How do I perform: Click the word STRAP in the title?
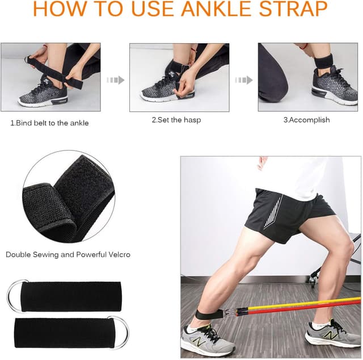coord(299,9)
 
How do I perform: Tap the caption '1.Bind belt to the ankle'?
coord(49,123)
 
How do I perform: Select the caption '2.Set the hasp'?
coord(176,120)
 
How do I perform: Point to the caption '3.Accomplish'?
coord(306,120)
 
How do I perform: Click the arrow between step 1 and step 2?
coord(115,80)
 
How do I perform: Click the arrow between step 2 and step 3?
coord(243,80)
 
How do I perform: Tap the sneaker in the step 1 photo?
coord(43,95)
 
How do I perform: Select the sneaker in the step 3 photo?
coord(335,87)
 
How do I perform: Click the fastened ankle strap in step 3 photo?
coord(323,61)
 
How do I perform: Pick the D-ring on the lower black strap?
coord(118,332)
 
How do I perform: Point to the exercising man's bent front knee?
coord(345,250)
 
